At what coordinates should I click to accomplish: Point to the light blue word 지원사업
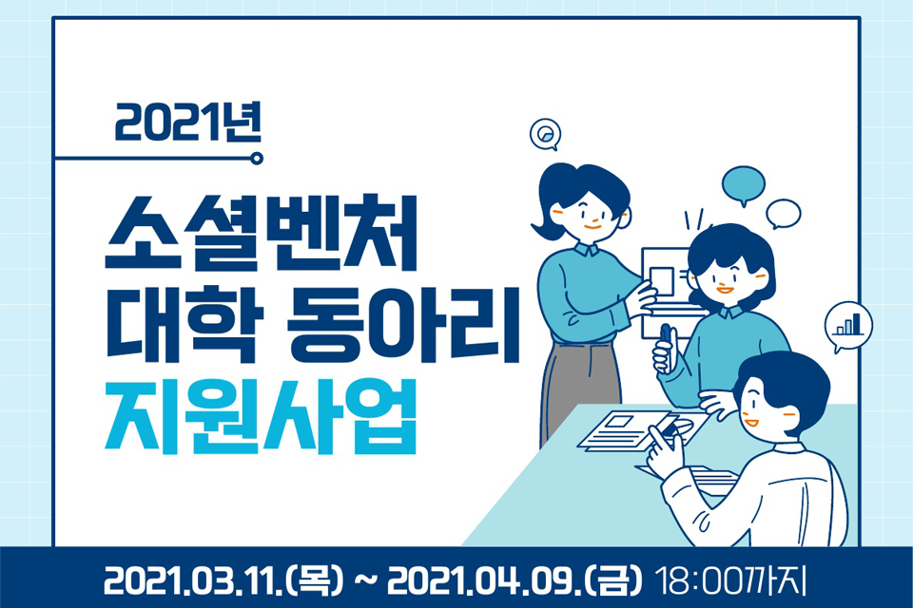(262, 418)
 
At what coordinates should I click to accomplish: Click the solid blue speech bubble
(743, 184)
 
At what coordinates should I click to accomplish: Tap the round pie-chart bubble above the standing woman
(545, 135)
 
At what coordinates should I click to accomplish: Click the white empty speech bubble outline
(784, 213)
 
